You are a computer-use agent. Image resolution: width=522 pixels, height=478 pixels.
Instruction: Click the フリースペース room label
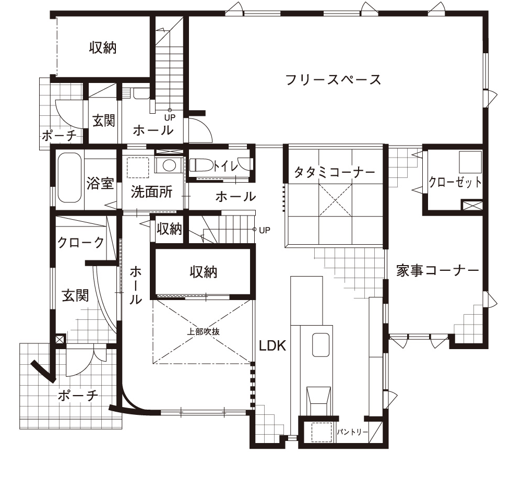point(333,80)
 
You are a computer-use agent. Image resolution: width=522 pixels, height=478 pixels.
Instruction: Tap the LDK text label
point(272,346)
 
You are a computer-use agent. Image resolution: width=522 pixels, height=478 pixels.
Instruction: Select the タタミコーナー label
point(335,172)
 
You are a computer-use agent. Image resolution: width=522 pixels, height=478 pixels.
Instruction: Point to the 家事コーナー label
point(437,271)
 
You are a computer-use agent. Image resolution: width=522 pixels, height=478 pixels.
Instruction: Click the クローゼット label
point(455,182)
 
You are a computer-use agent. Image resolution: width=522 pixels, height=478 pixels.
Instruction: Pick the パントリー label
point(352,432)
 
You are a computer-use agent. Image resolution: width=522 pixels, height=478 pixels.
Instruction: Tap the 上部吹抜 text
point(203,331)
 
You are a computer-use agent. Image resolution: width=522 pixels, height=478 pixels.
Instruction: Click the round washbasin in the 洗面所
point(170,165)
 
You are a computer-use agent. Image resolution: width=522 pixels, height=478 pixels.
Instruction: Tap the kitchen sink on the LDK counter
point(321,345)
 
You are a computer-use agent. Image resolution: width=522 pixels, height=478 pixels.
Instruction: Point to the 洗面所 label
point(151,192)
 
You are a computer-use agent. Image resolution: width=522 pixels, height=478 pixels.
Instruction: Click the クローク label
point(81,242)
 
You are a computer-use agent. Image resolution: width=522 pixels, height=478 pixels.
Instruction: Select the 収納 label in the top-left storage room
point(103,47)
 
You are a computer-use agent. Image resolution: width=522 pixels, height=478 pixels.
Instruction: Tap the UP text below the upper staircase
point(170,117)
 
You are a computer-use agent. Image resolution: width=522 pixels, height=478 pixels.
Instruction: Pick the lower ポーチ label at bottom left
point(78,396)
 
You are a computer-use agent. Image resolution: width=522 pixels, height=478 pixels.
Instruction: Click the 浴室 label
point(100,183)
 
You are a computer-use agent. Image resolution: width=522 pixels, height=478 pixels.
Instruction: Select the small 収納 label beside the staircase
point(170,229)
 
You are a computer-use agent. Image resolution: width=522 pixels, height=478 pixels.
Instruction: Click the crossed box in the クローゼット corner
point(472,205)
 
